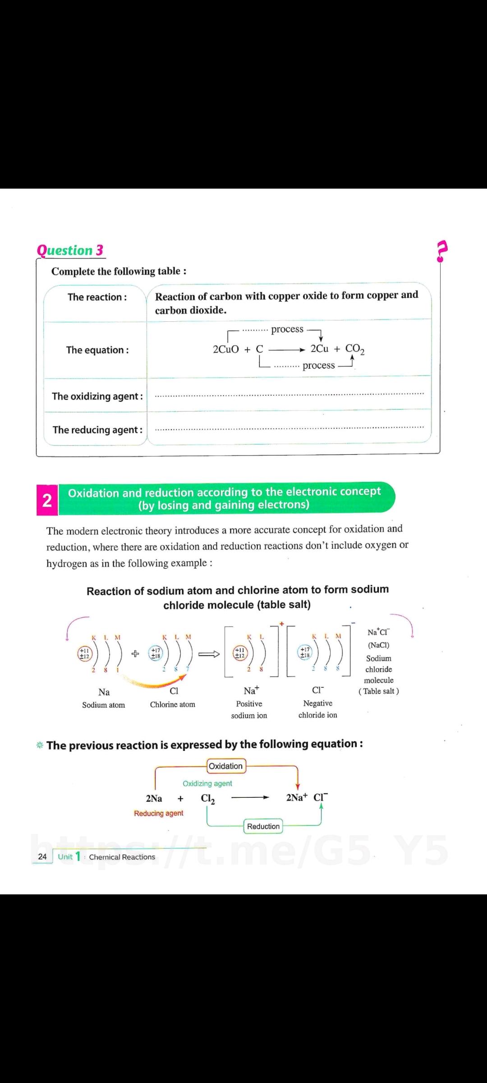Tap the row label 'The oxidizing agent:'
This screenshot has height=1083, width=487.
[97, 396]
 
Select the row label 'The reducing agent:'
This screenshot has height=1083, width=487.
[97, 430]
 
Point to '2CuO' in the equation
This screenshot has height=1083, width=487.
[225, 349]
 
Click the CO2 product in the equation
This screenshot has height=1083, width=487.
[355, 349]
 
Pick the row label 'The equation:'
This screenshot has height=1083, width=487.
[97, 350]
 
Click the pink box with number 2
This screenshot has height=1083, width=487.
[47, 500]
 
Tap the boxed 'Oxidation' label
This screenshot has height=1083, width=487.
[225, 766]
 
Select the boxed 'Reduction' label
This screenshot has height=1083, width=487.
[263, 826]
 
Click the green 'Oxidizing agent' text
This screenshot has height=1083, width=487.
[207, 783]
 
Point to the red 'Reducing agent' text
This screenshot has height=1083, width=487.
[159, 813]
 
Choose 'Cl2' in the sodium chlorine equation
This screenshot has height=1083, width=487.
[208, 798]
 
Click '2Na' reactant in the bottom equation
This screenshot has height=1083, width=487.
[154, 798]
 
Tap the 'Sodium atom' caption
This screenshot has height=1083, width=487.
[104, 705]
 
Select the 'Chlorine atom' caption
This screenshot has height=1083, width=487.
[173, 704]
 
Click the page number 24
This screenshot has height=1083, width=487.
[42, 856]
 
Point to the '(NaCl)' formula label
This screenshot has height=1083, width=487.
[379, 645]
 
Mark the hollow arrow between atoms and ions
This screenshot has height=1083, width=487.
[210, 654]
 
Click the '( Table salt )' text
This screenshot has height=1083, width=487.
[379, 691]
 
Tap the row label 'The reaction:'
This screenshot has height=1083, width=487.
[97, 297]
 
